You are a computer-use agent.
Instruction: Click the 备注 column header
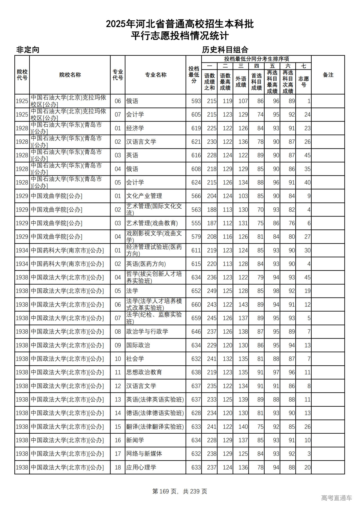[328, 75]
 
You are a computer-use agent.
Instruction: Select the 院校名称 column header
[70, 75]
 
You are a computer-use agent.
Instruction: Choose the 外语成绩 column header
[241, 82]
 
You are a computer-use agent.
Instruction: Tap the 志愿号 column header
[303, 82]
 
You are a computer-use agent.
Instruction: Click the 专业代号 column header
[118, 75]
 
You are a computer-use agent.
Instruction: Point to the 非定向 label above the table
[28, 50]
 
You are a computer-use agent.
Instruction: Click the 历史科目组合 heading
[225, 50]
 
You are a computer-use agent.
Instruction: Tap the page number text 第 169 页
[165, 491]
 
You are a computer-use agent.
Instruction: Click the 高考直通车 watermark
[336, 498]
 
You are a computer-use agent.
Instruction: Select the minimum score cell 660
[196, 305]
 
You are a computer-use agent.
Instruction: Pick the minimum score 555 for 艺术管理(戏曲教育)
[196, 223]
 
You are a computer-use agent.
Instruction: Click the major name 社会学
[135, 359]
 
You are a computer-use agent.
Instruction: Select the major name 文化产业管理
[144, 196]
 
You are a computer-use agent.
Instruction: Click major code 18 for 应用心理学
[118, 467]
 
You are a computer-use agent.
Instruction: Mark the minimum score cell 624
[196, 183]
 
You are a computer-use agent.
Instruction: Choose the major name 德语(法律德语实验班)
[155, 413]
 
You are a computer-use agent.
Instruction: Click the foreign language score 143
[243, 305]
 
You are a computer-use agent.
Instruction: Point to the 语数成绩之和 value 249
[211, 291]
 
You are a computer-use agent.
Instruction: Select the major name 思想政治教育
[144, 372]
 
